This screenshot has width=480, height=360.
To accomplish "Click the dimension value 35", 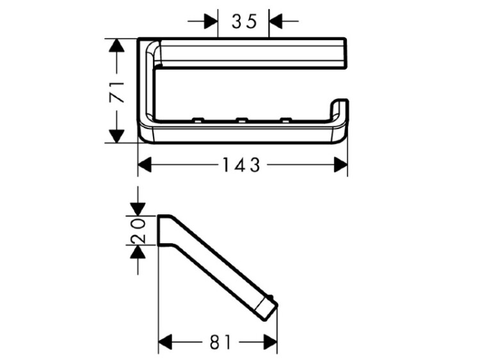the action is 244,22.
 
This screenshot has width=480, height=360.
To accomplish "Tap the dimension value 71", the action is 117,92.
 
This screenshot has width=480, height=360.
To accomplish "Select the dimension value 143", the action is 241,165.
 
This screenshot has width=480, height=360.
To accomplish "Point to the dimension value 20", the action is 138,231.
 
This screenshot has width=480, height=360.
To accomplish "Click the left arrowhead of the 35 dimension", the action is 211,21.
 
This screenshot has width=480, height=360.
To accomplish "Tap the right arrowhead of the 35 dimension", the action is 275,21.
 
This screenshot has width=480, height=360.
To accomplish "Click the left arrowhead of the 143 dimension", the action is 145,164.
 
